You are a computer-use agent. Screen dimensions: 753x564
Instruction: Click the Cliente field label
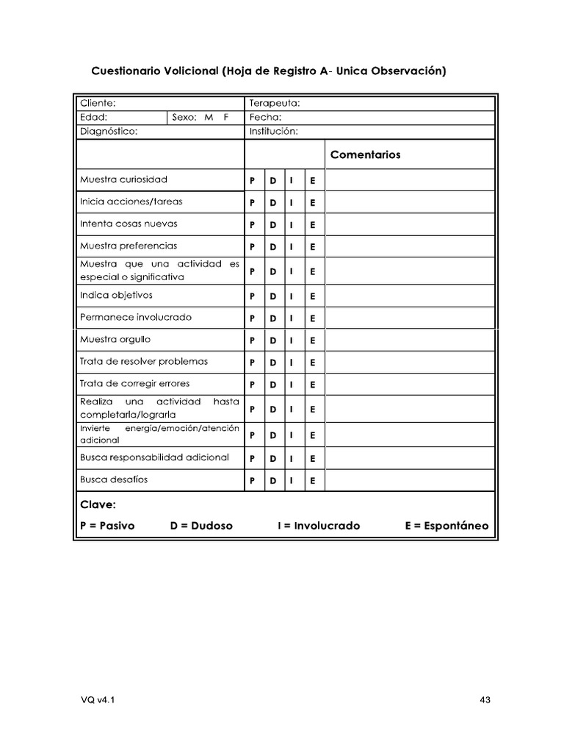[98, 104]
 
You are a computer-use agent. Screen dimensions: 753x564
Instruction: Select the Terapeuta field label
[275, 104]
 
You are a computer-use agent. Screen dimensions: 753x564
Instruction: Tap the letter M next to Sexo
[209, 118]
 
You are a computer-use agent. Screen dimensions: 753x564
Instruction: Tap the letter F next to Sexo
[226, 118]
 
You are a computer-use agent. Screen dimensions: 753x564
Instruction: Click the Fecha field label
[265, 118]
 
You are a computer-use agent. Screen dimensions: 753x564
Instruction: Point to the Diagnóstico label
[109, 132]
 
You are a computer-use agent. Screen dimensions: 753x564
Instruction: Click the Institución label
[274, 132]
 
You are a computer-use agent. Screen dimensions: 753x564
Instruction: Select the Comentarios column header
[366, 155]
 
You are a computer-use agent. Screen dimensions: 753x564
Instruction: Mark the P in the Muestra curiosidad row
[253, 181]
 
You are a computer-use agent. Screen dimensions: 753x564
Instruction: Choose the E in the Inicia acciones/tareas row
[312, 203]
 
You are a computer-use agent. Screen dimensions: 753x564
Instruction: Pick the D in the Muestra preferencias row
[272, 247]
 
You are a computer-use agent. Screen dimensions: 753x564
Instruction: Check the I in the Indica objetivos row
[292, 296]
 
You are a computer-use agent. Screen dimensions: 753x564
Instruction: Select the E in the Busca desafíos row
[312, 481]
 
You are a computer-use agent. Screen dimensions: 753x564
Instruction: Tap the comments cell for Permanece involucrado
[410, 318]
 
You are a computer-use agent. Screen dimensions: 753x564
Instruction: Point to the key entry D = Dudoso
[201, 527]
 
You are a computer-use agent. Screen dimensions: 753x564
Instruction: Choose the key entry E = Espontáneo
[446, 527]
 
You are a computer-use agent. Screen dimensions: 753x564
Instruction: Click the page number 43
[485, 700]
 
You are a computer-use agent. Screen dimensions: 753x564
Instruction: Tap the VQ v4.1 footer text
[97, 700]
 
